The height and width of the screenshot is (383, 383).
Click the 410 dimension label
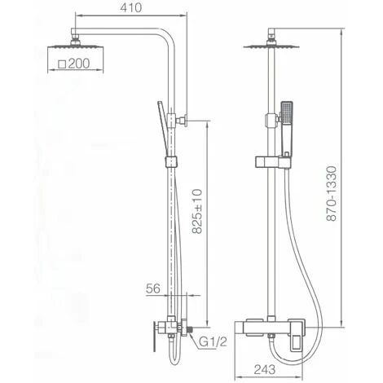(131, 7)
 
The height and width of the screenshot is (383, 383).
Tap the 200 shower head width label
(79, 64)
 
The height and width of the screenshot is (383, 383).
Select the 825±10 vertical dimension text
(197, 211)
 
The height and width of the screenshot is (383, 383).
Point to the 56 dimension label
(153, 288)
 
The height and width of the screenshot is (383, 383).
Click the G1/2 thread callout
(214, 342)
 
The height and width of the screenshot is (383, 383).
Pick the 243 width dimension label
(265, 369)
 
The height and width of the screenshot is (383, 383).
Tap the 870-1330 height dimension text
(332, 193)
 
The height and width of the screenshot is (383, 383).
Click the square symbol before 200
(63, 64)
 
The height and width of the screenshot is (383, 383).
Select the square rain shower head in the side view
(75, 46)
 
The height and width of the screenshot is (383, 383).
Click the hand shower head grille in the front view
(286, 112)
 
